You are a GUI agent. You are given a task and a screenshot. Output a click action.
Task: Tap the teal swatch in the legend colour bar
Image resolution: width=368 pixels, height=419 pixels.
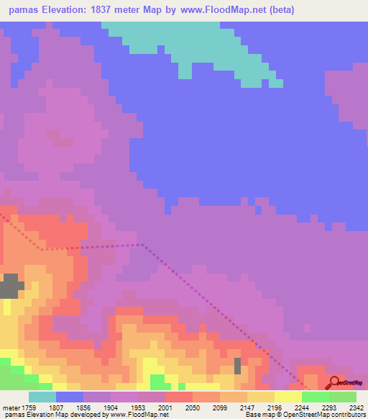tap(42, 397)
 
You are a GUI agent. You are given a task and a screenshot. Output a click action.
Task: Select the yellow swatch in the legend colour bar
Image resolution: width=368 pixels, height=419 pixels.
tap(288, 397)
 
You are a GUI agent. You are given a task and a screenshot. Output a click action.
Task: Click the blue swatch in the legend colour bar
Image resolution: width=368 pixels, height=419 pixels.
tap(70, 397)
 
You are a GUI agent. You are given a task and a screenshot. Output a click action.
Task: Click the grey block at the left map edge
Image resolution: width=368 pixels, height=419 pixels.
tap(10, 286)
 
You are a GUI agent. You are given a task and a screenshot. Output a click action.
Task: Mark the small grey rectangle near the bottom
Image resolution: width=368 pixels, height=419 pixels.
tap(237, 366)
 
